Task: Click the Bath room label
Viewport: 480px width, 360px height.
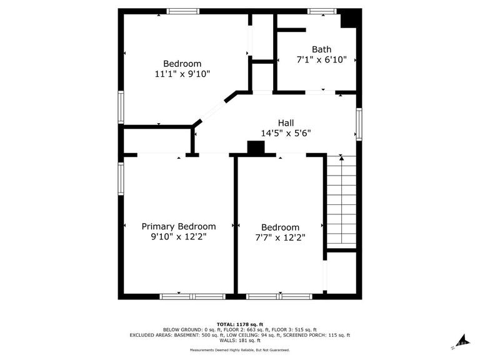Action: point(321,49)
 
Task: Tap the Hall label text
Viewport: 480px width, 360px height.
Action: point(286,123)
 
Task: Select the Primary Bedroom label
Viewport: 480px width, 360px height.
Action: point(179,227)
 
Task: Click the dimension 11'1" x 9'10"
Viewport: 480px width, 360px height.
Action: point(182,74)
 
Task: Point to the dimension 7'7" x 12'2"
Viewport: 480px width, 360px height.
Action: point(281,238)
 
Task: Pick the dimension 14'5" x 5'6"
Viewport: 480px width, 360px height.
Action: point(286,134)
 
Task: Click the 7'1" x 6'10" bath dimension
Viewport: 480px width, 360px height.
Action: point(321,60)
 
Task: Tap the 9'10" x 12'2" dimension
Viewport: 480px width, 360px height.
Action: point(179,237)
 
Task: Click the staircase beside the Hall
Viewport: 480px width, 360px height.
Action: point(342,202)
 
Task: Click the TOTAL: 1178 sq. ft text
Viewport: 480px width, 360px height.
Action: point(240,324)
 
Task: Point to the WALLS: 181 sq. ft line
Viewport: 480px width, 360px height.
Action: point(240,341)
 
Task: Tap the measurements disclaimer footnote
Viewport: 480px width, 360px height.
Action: point(240,350)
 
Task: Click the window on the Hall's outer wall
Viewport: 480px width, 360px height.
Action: point(359,124)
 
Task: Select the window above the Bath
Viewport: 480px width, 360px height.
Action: point(322,12)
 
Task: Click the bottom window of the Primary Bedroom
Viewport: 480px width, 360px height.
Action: point(192,296)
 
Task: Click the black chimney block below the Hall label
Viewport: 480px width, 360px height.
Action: point(256,147)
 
